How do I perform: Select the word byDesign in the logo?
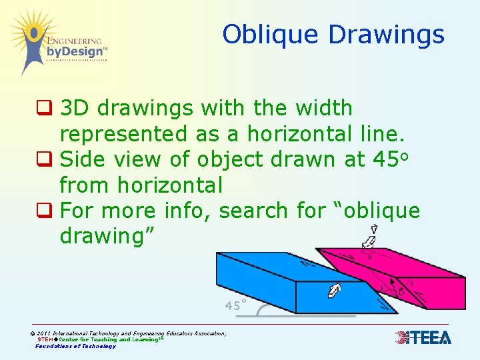(x=75, y=51)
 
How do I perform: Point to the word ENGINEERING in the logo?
(x=75, y=40)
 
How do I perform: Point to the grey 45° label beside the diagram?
(x=236, y=306)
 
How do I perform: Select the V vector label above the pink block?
(x=375, y=229)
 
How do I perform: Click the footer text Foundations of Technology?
(x=75, y=346)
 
